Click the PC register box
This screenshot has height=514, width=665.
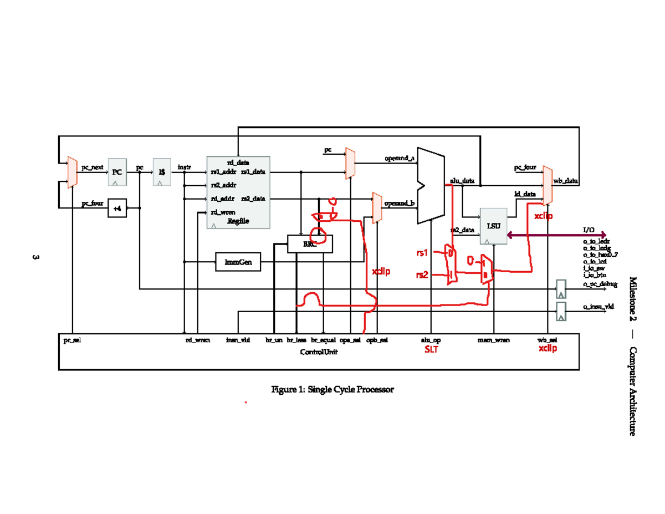click(x=116, y=172)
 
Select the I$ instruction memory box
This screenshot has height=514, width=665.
click(x=161, y=172)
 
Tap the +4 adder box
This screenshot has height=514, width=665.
click(x=117, y=208)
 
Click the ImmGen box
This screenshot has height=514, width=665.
click(x=238, y=262)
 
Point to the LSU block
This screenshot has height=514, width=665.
click(x=493, y=226)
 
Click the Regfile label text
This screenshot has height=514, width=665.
click(x=238, y=221)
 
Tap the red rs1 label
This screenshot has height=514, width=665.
click(x=422, y=253)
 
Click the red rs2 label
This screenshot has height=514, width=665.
click(x=422, y=274)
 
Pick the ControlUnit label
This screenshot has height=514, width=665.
click(x=319, y=352)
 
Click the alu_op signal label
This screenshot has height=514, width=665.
click(x=431, y=340)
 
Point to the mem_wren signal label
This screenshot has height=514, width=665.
click(x=493, y=340)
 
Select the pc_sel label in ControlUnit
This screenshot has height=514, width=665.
click(x=73, y=340)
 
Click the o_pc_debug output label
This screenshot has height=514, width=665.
click(x=600, y=284)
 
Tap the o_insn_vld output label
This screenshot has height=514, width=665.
click(x=598, y=306)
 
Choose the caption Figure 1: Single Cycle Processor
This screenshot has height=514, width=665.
click(x=332, y=390)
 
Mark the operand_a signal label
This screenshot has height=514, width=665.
click(x=400, y=159)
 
